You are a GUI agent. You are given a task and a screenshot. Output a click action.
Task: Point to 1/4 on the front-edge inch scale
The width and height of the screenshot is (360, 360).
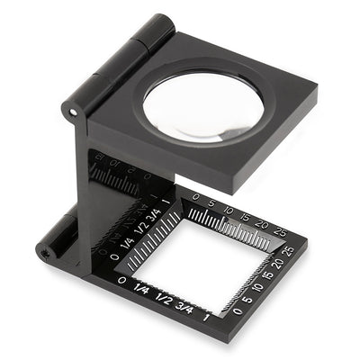point(141,290)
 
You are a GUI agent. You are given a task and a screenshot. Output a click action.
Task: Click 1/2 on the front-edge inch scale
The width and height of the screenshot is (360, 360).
point(164,298)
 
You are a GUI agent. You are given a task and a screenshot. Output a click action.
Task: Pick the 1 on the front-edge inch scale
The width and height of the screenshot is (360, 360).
point(209,314)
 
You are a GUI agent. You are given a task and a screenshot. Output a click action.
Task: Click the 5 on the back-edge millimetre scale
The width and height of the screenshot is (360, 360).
point(210,204)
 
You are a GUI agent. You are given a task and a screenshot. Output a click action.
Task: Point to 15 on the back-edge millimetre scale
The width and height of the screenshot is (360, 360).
point(246,216)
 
